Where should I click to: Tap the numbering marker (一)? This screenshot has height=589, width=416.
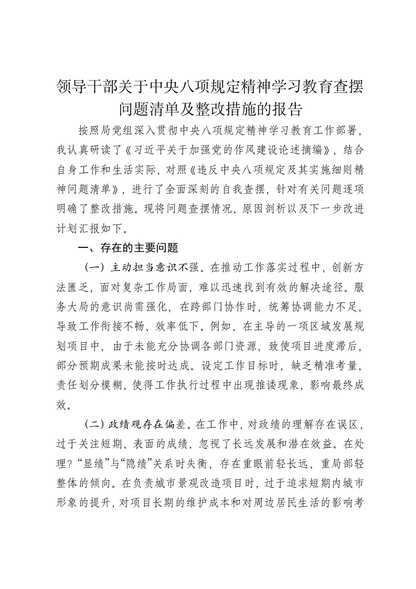pos(95,268)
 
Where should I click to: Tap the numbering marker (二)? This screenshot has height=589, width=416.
pos(95,424)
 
